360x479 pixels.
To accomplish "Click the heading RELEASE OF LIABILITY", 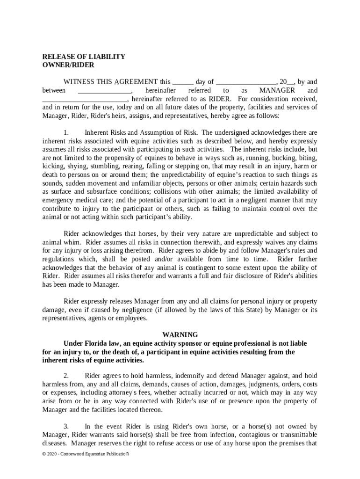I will (84, 57).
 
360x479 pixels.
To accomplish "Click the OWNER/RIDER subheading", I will (68, 65).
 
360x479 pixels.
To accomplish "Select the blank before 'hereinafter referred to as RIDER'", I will (85, 100).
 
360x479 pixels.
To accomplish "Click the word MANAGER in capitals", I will (277, 90).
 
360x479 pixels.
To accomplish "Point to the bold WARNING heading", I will (180, 334).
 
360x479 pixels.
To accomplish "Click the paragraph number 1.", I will (66, 132).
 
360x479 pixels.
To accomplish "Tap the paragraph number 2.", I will (66, 376).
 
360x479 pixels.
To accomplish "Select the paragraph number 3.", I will (66, 426).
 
